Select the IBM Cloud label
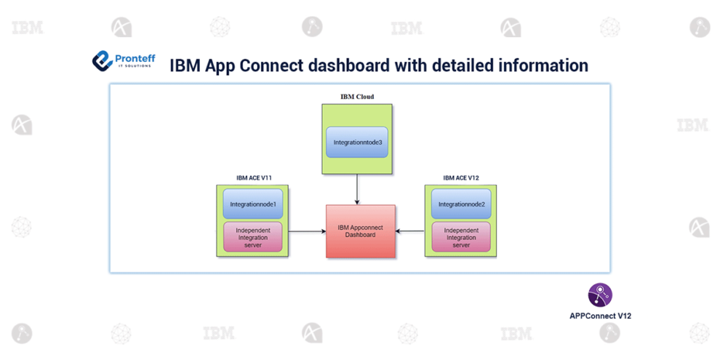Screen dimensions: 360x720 point(357,96)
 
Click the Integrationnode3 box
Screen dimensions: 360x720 point(357,143)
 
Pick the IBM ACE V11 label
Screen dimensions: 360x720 point(254,177)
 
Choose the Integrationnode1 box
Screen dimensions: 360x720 point(253,204)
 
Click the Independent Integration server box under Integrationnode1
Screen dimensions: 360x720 point(253,238)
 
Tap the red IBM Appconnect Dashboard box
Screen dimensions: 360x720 point(361,231)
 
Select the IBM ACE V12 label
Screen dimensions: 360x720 point(461,177)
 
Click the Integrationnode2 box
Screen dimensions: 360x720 point(461,204)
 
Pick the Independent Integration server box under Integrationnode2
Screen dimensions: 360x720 point(461,238)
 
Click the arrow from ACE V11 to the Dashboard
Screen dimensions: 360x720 point(307,231)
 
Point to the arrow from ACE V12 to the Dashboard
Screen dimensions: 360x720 point(410,231)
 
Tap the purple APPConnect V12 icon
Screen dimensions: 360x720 point(600,295)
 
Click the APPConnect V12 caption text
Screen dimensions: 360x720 point(600,316)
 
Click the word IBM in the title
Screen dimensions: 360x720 point(185,65)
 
